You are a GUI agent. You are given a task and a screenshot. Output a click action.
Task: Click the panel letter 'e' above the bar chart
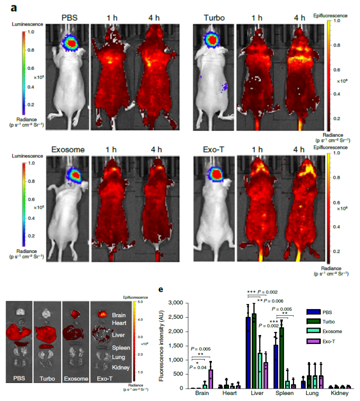pyautogui.click(x=161, y=289)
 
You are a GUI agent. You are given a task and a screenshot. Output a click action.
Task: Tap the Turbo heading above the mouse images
pyautogui.click(x=214, y=18)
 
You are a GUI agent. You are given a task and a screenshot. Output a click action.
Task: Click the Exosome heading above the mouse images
pyautogui.click(x=68, y=150)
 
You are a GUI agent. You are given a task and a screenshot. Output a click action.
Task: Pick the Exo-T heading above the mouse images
pyautogui.click(x=215, y=150)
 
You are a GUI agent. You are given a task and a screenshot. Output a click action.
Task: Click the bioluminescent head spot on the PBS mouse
pyautogui.click(x=71, y=42)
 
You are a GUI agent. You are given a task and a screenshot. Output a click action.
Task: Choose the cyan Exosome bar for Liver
pyautogui.click(x=259, y=371)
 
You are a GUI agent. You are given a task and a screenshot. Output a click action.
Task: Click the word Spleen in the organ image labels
pyautogui.click(x=121, y=348)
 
